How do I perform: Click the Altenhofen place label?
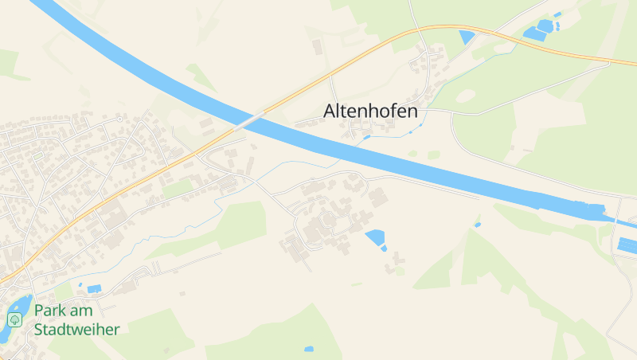[x=370, y=112]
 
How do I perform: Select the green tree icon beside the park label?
[x=14, y=319]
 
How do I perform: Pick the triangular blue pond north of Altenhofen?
[x=467, y=37]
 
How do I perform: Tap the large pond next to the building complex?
[x=374, y=237]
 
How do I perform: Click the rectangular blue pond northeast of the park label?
[x=95, y=288]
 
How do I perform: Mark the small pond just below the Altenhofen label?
[x=366, y=137]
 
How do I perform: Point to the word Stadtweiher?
[x=76, y=329]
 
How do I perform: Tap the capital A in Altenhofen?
[x=330, y=112]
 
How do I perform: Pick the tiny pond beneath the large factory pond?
[x=384, y=248]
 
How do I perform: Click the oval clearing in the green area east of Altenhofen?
[x=465, y=96]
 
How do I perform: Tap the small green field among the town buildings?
[x=178, y=188]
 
